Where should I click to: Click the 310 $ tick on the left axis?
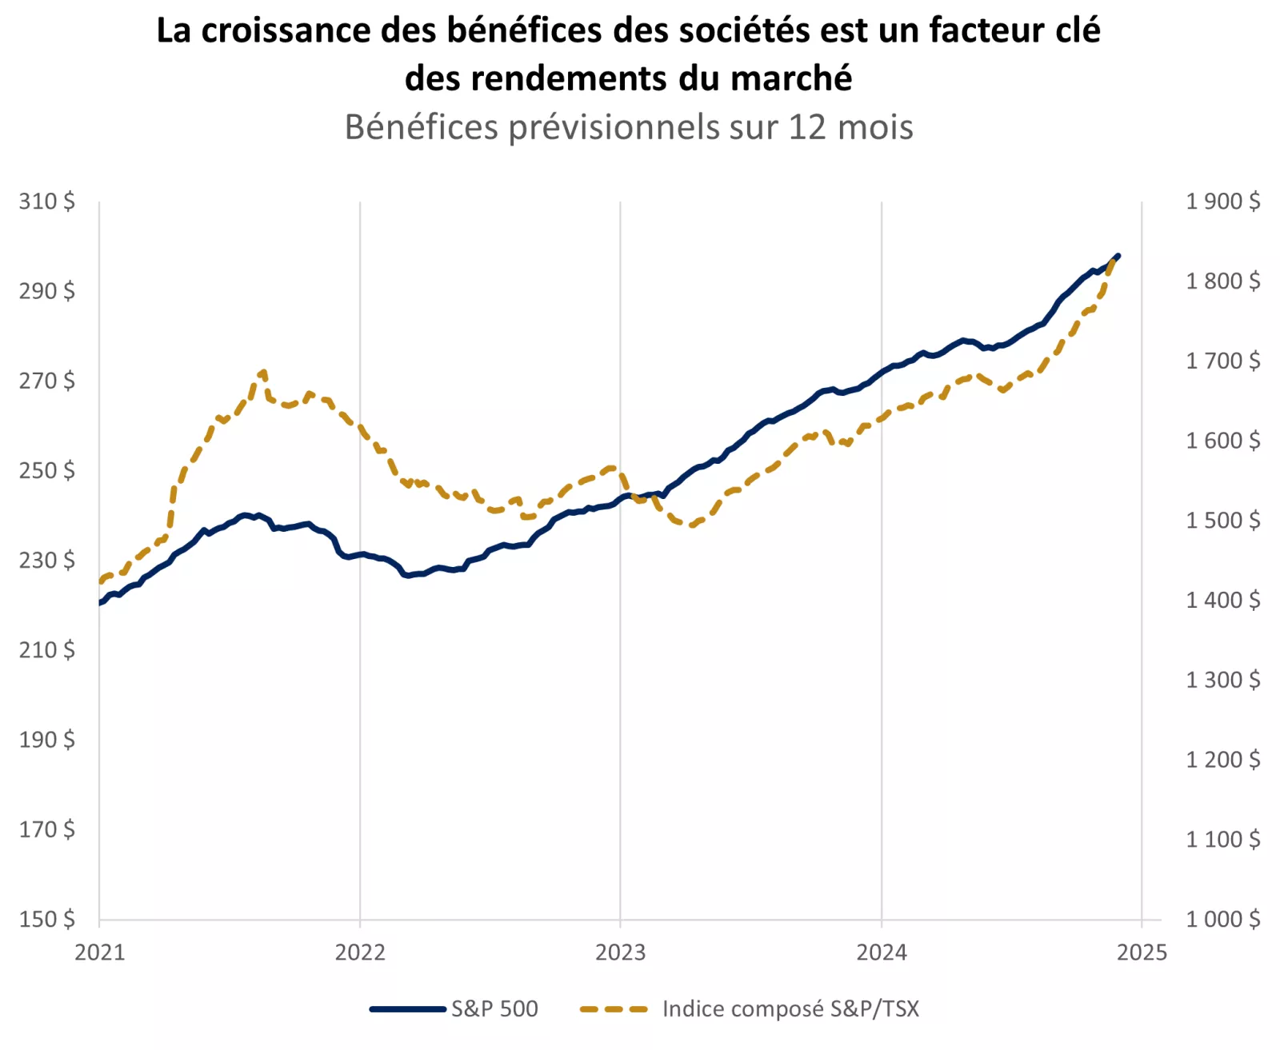pos(47,202)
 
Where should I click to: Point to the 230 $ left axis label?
pos(47,561)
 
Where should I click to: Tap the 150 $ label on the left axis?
pos(47,920)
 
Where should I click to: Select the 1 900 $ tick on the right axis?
pos(1222,202)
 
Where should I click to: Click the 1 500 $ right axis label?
pos(1222,521)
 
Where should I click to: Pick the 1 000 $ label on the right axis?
pos(1222,920)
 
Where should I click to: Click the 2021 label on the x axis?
pos(100,952)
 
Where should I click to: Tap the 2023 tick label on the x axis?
pos(620,952)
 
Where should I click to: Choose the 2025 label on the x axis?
pos(1142,952)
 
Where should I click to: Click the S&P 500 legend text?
pos(494,1009)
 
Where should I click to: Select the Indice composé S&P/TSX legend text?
pos(790,1009)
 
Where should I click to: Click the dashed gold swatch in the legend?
pos(614,1009)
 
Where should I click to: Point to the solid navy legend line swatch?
pos(407,1009)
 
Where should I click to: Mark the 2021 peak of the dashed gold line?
pos(263,372)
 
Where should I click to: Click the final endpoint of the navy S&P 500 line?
pos(1118,256)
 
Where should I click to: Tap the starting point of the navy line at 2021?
pos(100,603)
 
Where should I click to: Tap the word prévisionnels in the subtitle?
pos(614,127)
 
